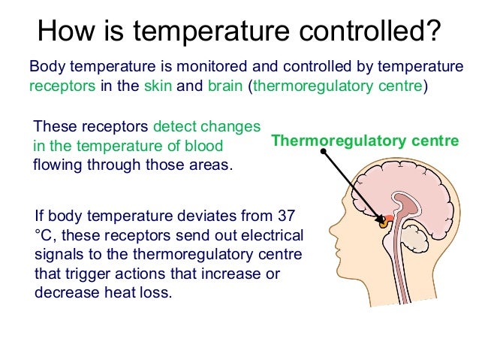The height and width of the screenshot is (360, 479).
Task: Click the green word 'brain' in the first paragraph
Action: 225,85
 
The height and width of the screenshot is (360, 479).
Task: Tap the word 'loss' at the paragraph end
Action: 156,293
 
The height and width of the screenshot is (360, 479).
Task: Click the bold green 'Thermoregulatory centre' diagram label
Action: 364,140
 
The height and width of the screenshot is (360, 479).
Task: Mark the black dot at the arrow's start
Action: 323,152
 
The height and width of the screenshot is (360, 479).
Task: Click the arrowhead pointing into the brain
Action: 381,219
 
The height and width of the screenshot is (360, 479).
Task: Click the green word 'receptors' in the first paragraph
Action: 63,85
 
